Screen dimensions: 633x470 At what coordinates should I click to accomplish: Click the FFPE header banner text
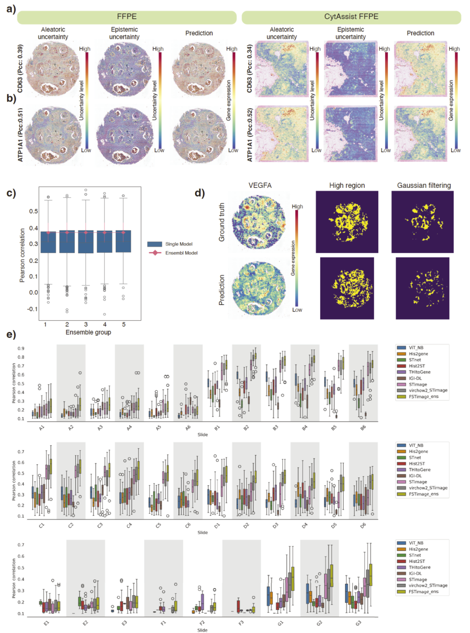coord(127,17)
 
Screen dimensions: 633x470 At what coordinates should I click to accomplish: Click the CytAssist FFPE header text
coord(351,17)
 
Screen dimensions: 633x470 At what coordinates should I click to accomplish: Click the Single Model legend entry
coord(178,244)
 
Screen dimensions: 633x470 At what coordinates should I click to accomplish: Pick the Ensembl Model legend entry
coord(181,253)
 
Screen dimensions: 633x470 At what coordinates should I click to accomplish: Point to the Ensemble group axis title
coord(88,332)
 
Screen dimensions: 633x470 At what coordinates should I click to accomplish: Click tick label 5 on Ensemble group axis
coord(124,325)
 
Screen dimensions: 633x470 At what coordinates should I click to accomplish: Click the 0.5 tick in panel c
coord(34,211)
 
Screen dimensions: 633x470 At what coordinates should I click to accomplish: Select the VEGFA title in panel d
coord(260,185)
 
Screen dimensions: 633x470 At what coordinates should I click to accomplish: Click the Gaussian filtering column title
coord(424,185)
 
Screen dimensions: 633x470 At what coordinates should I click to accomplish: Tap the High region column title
coord(347,185)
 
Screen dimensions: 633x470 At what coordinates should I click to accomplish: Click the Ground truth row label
coord(222,222)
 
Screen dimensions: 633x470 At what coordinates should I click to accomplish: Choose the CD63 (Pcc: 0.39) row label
coord(20,68)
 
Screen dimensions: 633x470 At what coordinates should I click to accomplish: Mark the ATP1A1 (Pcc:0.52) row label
coord(250,135)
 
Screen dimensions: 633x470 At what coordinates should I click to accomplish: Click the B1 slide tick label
coord(217,428)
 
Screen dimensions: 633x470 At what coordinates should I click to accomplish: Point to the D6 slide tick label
coord(363,526)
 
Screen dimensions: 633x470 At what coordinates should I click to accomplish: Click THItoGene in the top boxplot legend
coord(420,372)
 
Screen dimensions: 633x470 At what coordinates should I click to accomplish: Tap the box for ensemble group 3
coord(86,242)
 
